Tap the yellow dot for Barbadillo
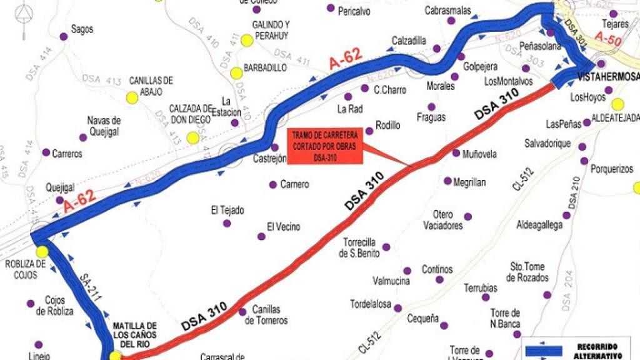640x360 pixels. pos(236,73)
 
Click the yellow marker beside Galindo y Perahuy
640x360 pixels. pos(246,41)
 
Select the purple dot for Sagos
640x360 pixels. pos(63,37)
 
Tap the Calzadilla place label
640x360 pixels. pos(409,41)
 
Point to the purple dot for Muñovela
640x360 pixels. pos(456,153)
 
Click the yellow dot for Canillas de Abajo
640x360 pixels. pos(132,97)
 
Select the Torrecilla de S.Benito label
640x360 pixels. pos(361,247)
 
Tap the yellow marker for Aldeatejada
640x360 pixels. pos(617,104)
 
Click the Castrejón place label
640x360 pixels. pos(269,159)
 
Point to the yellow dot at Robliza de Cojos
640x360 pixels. pos(42,252)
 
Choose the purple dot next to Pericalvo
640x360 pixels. pos(331,8)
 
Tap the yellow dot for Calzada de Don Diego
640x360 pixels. pos(192,137)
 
